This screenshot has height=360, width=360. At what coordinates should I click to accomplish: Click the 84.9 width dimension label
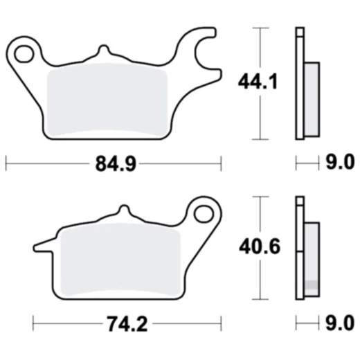pos(114,164)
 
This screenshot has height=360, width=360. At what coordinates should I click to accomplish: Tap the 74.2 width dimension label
pos(127,323)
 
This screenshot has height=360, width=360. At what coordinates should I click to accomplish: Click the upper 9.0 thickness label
pos(339,163)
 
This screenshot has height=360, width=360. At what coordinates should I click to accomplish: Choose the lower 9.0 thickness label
pos(339,323)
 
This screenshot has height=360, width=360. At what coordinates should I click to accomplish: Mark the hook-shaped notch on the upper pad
pos(202,48)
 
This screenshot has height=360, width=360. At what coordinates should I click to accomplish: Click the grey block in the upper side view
pos(312,98)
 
